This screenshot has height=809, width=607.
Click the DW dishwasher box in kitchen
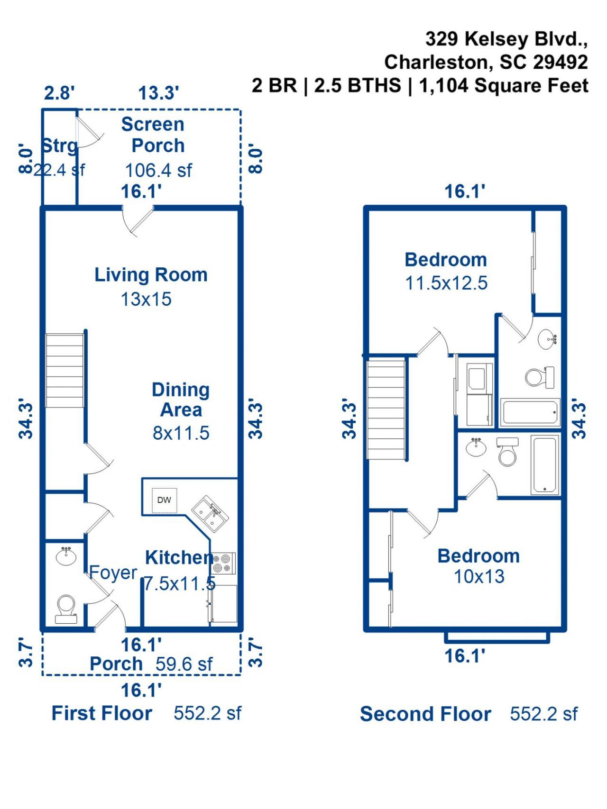click(x=164, y=500)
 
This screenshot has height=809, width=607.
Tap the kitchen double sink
click(x=210, y=514)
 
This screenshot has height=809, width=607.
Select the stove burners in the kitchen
click(x=223, y=563)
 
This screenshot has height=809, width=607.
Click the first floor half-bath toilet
click(x=65, y=608)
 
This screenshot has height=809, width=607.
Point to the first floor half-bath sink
click(x=66, y=556)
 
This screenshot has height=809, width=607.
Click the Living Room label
click(x=151, y=275)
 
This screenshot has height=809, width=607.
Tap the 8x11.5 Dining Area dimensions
click(x=181, y=433)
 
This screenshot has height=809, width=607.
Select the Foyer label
click(x=113, y=573)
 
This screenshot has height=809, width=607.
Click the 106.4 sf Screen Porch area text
click(x=158, y=171)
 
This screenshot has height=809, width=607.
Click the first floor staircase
click(x=64, y=371)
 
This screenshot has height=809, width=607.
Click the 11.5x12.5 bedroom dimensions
click(x=446, y=283)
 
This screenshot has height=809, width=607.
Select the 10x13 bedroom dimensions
click(x=479, y=577)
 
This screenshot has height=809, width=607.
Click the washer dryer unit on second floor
click(x=479, y=394)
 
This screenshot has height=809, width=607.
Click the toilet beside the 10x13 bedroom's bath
click(x=507, y=453)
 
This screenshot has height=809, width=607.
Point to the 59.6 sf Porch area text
click(x=184, y=664)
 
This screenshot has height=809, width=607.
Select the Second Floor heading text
click(x=425, y=714)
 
